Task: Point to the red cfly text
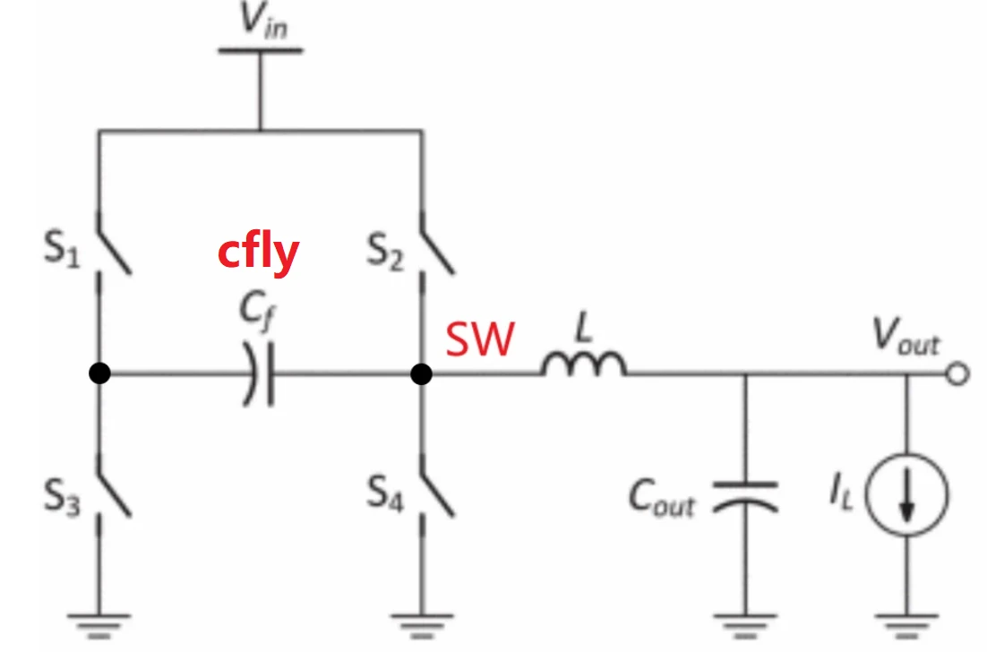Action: (258, 253)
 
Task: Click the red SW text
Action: (481, 340)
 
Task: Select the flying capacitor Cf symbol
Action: (260, 374)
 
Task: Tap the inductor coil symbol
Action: (583, 365)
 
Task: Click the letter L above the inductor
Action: (584, 329)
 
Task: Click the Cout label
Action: (662, 498)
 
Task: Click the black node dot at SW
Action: (421, 374)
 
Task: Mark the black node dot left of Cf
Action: (100, 374)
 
